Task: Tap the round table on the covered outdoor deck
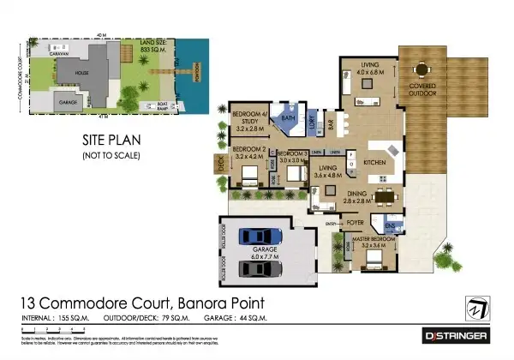[x=421, y=69]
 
